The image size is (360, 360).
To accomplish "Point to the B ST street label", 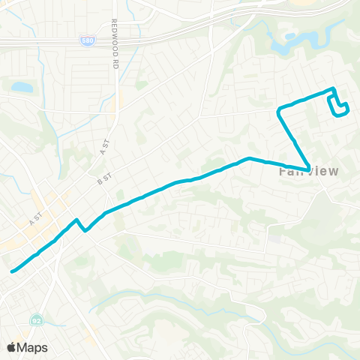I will [x=103, y=178].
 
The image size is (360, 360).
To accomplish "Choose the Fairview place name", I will [x=309, y=172].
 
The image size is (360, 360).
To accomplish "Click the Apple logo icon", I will [x=12, y=347].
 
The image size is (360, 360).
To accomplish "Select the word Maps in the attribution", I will [x=33, y=347].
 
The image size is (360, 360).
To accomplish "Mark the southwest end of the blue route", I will [x=11, y=271].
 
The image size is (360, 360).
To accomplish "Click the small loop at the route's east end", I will [x=340, y=108].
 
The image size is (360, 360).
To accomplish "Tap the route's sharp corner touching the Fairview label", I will [x=308, y=168].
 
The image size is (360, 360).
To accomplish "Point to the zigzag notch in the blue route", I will [x=80, y=225].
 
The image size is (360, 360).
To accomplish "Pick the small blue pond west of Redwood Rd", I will [x=22, y=88].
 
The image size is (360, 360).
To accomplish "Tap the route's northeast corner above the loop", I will [x=334, y=89].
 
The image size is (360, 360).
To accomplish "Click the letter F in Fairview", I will [x=282, y=172].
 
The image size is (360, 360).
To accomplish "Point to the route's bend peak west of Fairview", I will [x=249, y=158].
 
